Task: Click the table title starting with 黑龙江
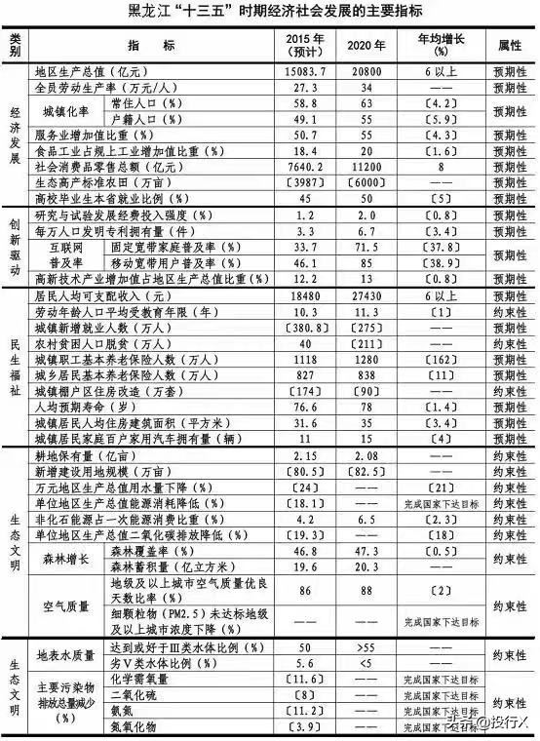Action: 270,12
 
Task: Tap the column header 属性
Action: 511,45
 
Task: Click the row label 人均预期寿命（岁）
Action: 89,406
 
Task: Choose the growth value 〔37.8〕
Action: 439,248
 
